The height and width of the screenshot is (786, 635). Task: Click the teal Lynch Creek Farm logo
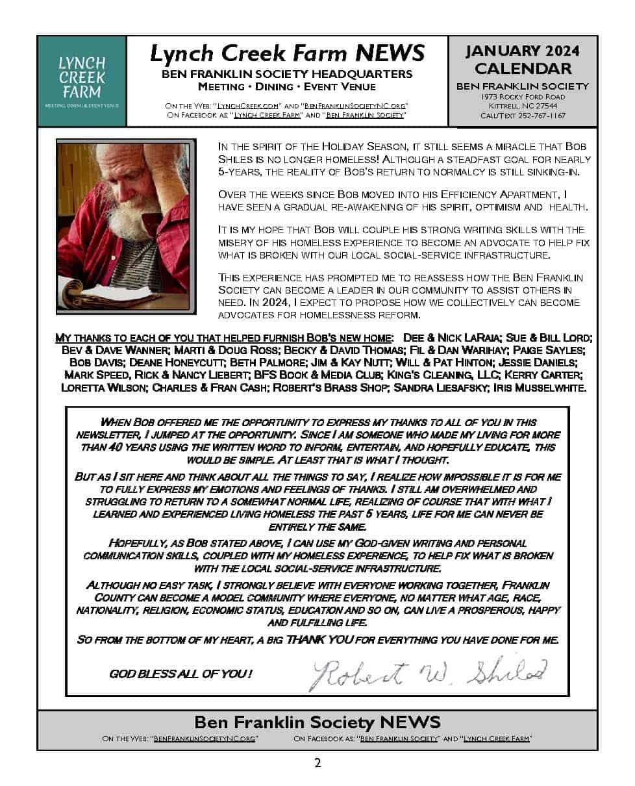(x=81, y=81)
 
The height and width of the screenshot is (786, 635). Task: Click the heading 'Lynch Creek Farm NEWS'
(x=287, y=53)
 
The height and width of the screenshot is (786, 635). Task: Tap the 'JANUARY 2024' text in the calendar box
(x=523, y=51)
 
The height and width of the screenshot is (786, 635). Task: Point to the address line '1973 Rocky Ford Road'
(x=522, y=97)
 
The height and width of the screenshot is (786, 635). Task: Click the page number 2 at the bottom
(x=317, y=763)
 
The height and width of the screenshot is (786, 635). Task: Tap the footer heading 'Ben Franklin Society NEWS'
(x=317, y=722)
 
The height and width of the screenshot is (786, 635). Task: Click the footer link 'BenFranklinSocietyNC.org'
(x=205, y=739)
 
